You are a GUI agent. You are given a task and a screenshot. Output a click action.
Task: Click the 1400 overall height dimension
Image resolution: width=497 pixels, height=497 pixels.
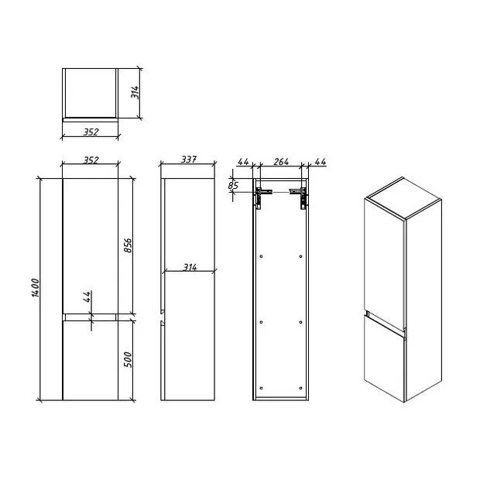pos(36,288)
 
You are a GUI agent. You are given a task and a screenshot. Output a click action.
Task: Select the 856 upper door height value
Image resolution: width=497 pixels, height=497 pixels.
pos(128,245)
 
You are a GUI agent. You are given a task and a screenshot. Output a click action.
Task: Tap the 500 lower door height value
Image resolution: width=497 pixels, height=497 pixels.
pos(128,359)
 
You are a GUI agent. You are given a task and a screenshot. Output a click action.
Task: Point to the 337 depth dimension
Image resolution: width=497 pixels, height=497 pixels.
pos(189,159)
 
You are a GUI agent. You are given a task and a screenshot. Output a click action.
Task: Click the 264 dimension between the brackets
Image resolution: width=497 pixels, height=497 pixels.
pos(281,162)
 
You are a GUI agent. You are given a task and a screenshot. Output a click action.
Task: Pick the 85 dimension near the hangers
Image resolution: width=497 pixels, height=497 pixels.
pos(233,185)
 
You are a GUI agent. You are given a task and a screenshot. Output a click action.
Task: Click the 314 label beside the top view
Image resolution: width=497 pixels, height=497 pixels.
pos(135,92)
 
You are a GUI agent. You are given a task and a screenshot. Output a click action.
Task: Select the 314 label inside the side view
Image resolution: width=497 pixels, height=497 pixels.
pos(190,267)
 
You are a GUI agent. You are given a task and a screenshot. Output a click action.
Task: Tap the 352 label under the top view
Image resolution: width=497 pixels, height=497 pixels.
pos(91,132)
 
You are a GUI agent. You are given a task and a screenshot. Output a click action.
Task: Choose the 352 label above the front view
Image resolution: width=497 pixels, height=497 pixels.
pos(91,160)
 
